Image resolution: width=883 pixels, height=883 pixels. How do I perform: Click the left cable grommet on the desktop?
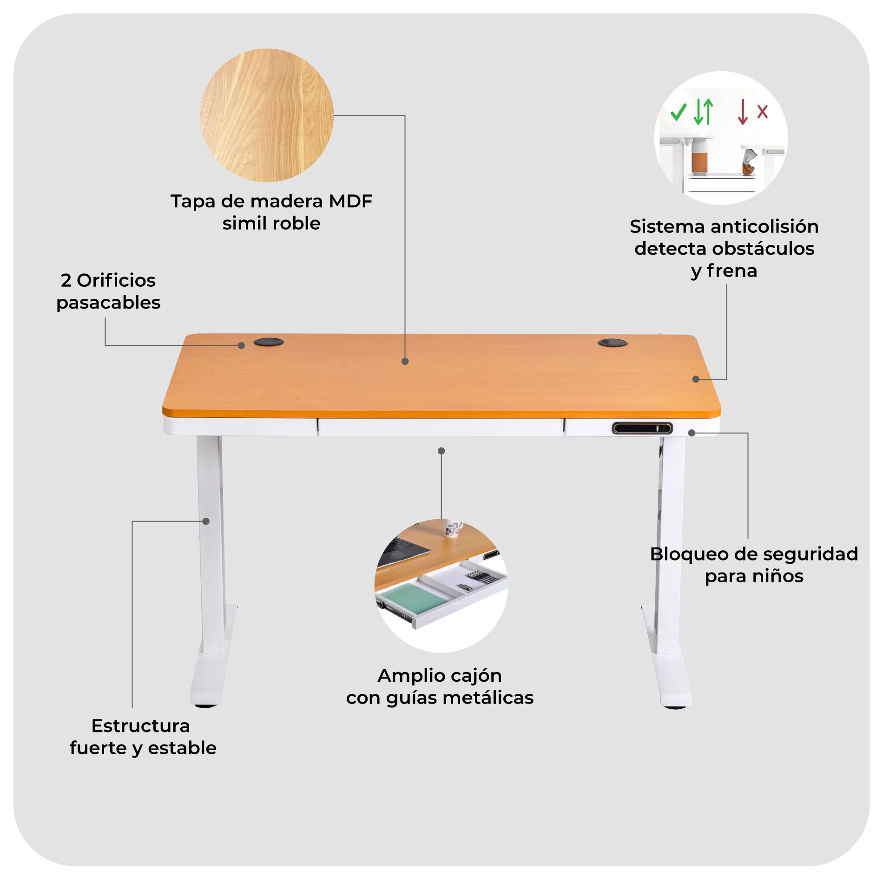click(x=269, y=342)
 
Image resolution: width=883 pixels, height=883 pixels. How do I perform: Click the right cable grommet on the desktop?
click(x=612, y=343)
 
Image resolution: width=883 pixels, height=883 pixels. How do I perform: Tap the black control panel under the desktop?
click(x=642, y=428)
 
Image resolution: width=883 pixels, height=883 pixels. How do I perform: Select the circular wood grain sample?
click(x=267, y=115)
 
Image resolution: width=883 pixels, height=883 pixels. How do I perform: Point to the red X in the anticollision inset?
click(x=762, y=112)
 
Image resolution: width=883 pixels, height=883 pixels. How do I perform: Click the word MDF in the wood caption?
click(x=350, y=201)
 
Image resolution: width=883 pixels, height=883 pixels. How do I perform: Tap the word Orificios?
click(x=116, y=280)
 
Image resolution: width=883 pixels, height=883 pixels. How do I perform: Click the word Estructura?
click(x=141, y=726)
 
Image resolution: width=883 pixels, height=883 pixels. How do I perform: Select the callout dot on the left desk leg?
click(x=206, y=521)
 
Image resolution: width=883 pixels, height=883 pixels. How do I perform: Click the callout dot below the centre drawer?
click(x=441, y=451)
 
